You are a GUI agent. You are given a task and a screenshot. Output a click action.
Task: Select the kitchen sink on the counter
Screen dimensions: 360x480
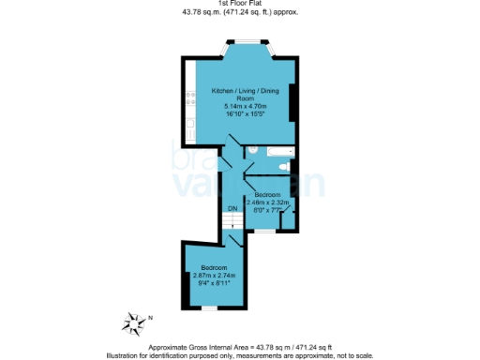coord(189,125)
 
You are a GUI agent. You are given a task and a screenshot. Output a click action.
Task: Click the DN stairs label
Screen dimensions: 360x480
coord(232,208)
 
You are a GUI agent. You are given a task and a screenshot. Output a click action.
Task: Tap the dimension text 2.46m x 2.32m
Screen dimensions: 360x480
coord(271,202)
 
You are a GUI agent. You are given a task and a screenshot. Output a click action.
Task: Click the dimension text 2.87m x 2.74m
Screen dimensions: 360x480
coord(216,275)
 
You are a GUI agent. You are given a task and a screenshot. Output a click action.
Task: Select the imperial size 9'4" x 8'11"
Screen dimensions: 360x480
coord(216,282)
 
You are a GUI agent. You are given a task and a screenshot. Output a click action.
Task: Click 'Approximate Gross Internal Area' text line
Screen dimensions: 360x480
coord(240,349)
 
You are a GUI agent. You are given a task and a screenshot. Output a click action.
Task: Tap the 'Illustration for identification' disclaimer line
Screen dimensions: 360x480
coord(240,355)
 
